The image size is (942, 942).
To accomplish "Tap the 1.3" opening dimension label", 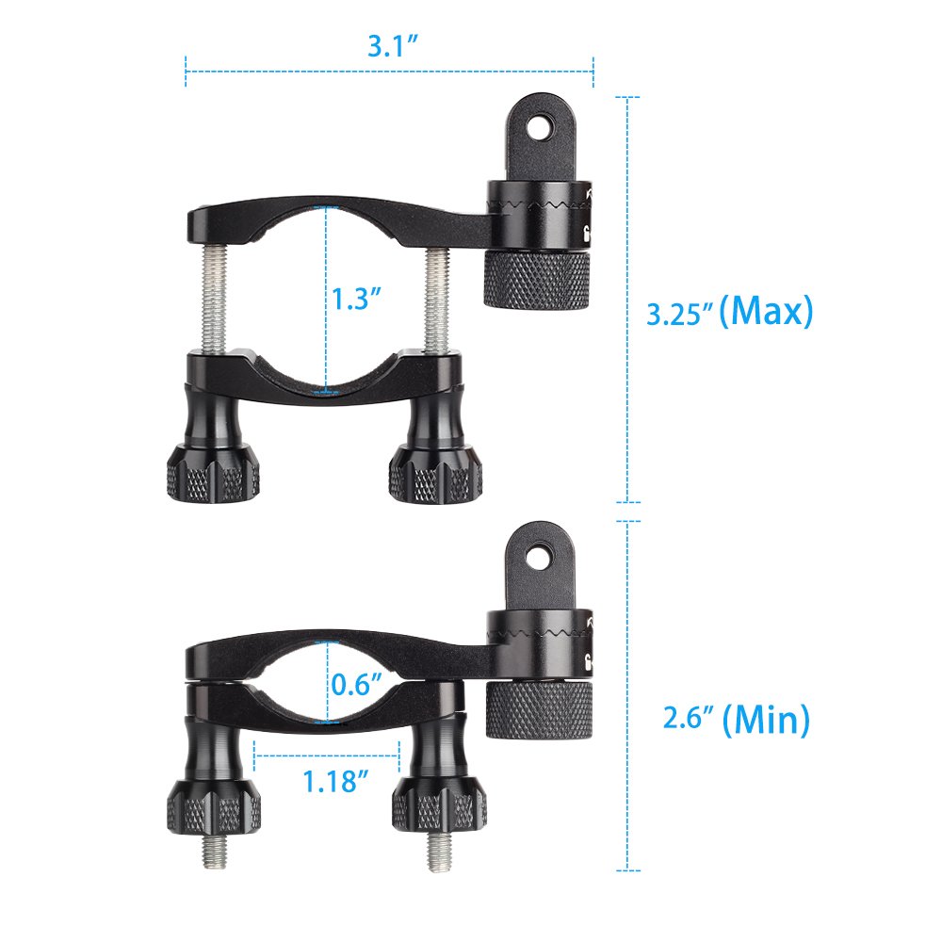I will (x=356, y=300).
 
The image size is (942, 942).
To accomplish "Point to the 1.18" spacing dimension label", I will (x=334, y=780).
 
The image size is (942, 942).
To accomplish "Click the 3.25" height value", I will (x=676, y=314).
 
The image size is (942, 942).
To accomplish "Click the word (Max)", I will (x=765, y=311).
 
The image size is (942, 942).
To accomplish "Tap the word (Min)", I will (x=767, y=721).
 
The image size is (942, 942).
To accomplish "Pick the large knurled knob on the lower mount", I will (x=539, y=709).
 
